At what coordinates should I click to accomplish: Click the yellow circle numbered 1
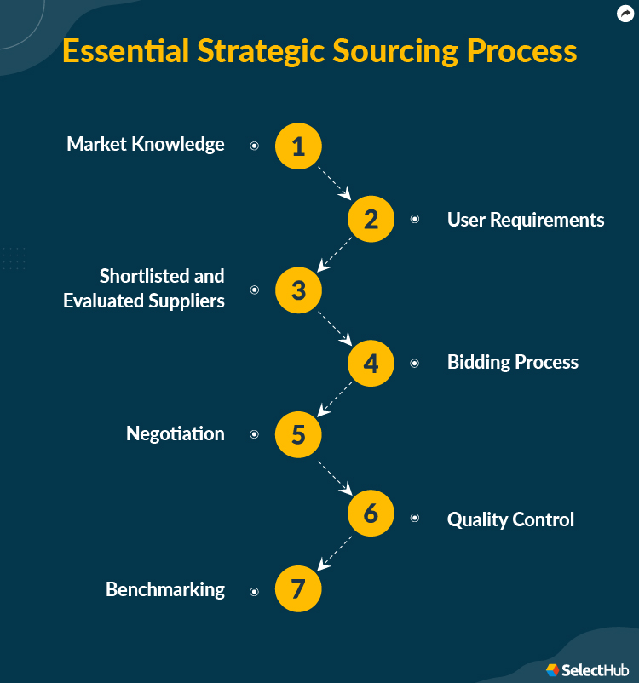pyautogui.click(x=298, y=146)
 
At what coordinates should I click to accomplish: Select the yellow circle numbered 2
pyautogui.click(x=371, y=219)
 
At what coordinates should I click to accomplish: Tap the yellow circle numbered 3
pyautogui.click(x=298, y=290)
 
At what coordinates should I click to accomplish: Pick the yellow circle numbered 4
pyautogui.click(x=371, y=363)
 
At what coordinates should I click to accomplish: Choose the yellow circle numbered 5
pyautogui.click(x=298, y=434)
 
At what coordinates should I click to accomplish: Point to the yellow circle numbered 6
pyautogui.click(x=371, y=514)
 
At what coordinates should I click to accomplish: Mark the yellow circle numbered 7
pyautogui.click(x=298, y=589)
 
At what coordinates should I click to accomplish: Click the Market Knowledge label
pyautogui.click(x=146, y=144)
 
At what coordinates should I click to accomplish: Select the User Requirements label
pyautogui.click(x=526, y=220)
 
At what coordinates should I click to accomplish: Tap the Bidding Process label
pyautogui.click(x=513, y=362)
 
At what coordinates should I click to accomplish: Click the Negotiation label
pyautogui.click(x=176, y=433)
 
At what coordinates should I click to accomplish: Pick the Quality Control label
pyautogui.click(x=510, y=519)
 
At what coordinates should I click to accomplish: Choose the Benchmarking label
pyautogui.click(x=165, y=589)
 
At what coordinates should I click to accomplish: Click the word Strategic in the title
pyautogui.click(x=255, y=51)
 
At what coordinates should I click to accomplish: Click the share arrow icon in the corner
pyautogui.click(x=625, y=14)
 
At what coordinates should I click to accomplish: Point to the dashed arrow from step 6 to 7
pyautogui.click(x=334, y=553)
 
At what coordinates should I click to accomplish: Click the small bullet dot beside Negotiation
pyautogui.click(x=254, y=434)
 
